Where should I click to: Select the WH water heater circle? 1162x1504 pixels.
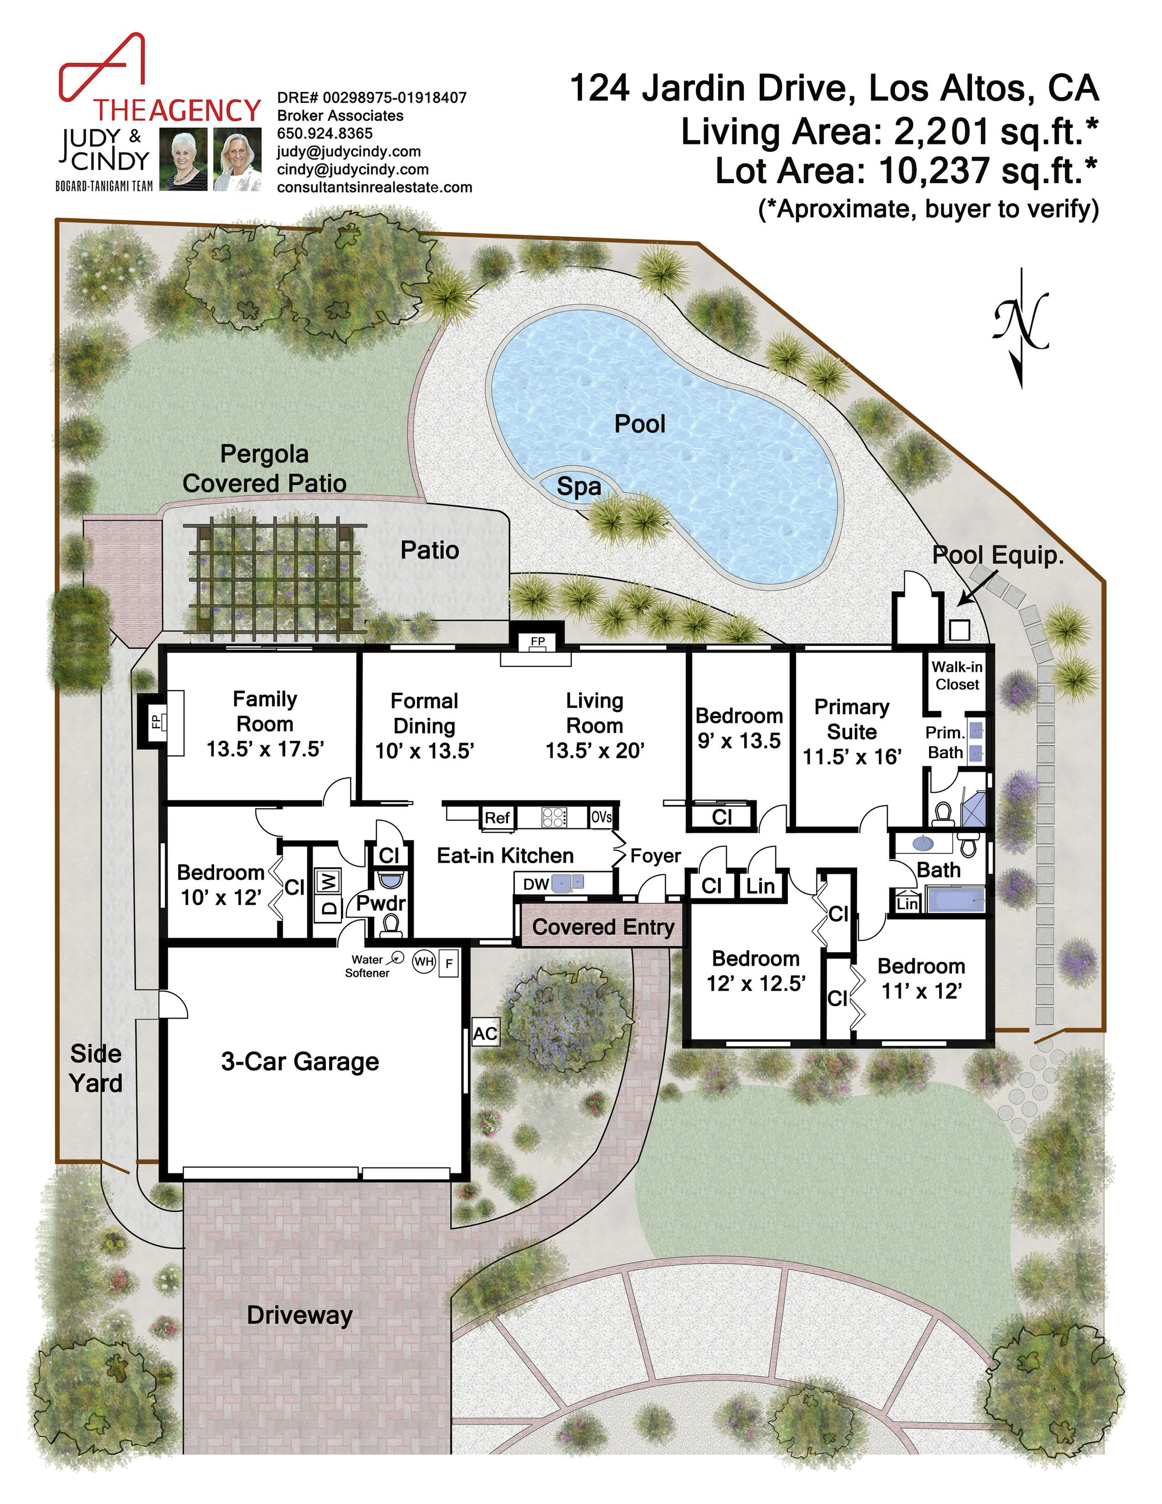pos(423,961)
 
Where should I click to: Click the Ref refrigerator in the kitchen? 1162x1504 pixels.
pos(497,817)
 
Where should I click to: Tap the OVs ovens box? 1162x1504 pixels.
pos(601,817)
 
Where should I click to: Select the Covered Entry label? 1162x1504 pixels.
pos(602,927)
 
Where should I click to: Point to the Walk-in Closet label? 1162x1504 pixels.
pos(957,676)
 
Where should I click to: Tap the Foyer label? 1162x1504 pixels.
pos(655,856)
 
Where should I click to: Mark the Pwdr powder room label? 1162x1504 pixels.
pos(381,903)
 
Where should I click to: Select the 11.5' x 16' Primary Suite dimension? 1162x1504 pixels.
pos(852,757)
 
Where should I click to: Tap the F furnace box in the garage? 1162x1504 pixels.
pos(449,963)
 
